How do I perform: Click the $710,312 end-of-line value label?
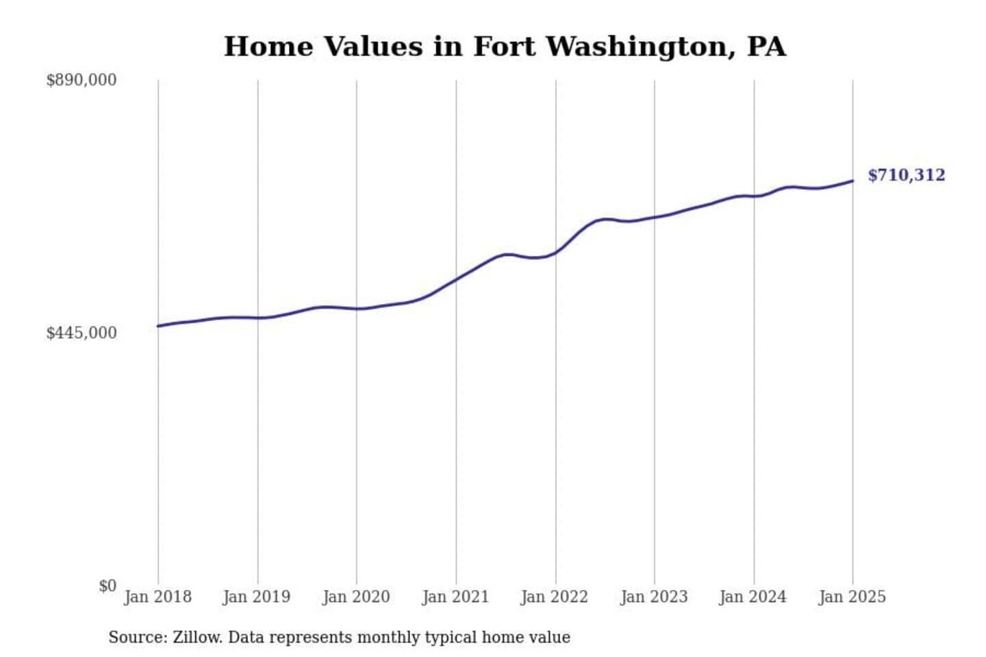tap(906, 175)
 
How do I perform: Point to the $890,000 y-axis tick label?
tap(81, 80)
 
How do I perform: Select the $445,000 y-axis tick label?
tap(81, 333)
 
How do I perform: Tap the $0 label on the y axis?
tap(108, 586)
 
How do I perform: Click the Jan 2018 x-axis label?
tap(157, 597)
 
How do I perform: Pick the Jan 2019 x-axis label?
tap(257, 597)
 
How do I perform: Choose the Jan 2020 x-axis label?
tap(356, 597)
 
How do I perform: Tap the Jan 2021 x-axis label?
tap(455, 597)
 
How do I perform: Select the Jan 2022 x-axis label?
tap(555, 597)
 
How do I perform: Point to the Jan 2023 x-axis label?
tap(654, 597)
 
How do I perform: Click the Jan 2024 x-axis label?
tap(753, 597)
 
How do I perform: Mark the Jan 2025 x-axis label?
tap(852, 597)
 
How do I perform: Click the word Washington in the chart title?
tap(640, 47)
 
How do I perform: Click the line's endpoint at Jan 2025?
tap(852, 181)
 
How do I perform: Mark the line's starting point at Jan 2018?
tap(158, 326)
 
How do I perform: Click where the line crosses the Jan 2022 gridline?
tap(556, 252)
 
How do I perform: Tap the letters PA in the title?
tap(766, 47)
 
